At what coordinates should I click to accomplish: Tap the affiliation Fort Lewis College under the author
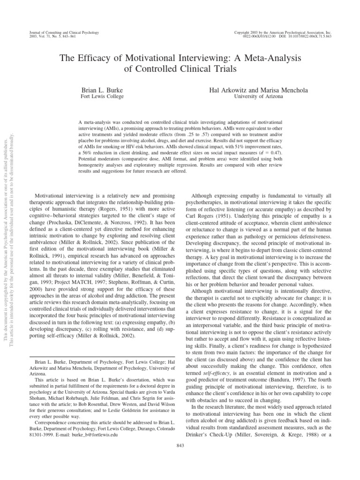point(102,96)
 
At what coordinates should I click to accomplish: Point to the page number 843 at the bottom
point(180,445)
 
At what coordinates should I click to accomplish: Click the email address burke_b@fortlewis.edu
point(98,434)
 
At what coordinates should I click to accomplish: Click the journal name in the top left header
point(61,32)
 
